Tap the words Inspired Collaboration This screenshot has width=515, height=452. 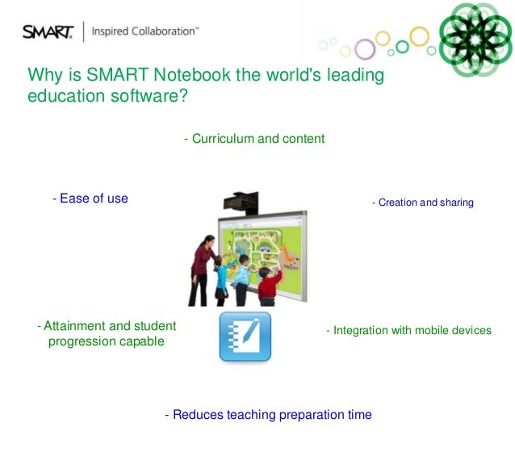click(x=145, y=32)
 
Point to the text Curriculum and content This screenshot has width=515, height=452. click(x=254, y=139)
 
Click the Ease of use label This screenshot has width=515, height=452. click(x=90, y=198)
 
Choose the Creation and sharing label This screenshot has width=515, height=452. click(x=422, y=202)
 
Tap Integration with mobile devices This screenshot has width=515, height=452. click(x=408, y=331)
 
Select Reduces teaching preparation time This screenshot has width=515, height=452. click(x=268, y=415)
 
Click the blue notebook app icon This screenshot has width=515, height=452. click(x=245, y=337)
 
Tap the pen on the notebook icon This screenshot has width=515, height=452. click(x=253, y=333)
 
